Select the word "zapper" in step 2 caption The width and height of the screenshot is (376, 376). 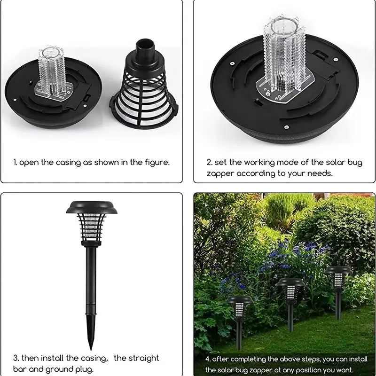[x=220, y=174]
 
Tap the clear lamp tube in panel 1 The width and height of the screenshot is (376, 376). [x=52, y=71]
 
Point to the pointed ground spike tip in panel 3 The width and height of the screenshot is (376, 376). [x=91, y=347]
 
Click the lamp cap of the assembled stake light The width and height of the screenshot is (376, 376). [x=92, y=207]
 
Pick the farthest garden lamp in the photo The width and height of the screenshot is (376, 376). [x=338, y=291]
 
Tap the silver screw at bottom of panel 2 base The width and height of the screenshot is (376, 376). [x=286, y=127]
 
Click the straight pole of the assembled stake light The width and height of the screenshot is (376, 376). [x=91, y=276]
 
